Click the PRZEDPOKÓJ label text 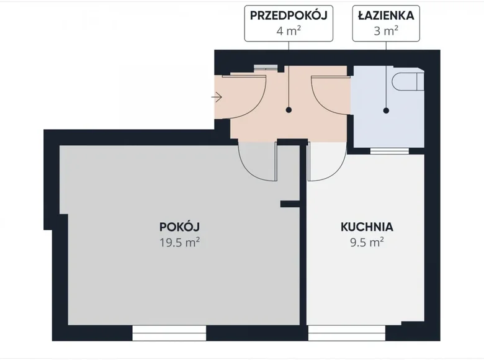288,16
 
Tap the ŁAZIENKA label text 386,16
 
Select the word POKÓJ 179,227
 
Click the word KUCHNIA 367,227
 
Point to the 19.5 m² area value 179,242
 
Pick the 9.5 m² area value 367,242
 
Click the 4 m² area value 288,30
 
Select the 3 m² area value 386,30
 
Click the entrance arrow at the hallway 217,97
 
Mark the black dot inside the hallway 288,110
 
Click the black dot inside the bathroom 386,110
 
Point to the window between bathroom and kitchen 389,151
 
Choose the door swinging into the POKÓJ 256,163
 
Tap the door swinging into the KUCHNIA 326,163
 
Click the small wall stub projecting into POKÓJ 289,203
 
